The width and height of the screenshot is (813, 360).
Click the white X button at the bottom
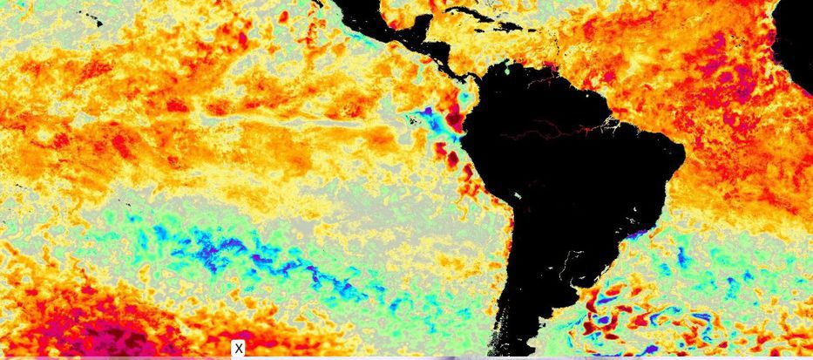tap(238, 349)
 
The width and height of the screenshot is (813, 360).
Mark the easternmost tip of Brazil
tap(684, 157)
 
